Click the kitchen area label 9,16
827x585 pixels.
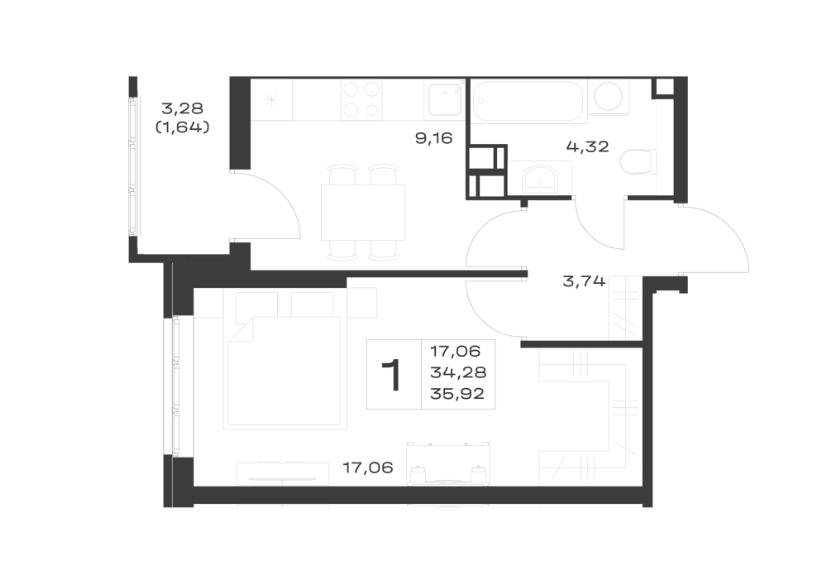(433, 138)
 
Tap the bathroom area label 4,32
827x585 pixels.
(587, 146)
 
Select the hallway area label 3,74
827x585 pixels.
(584, 281)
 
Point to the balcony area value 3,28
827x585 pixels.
(182, 108)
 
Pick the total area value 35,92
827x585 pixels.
(457, 394)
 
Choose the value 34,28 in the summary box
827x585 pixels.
(458, 372)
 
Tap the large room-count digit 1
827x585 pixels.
(393, 375)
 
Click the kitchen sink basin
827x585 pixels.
(445, 99)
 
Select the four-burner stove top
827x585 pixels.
(361, 98)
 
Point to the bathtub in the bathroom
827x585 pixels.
(528, 101)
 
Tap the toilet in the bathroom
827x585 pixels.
(638, 162)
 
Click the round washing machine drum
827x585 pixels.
(608, 97)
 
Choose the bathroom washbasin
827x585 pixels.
(539, 178)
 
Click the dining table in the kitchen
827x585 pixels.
(363, 212)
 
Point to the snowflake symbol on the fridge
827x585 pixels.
(271, 99)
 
